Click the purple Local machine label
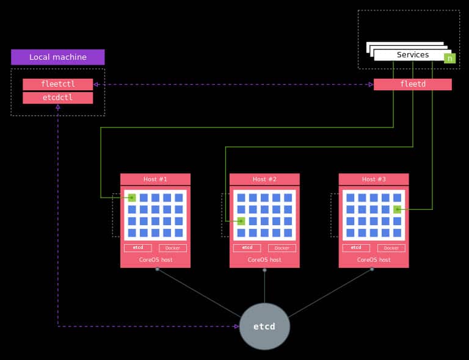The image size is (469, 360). pos(57,57)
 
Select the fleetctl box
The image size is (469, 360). pos(57,84)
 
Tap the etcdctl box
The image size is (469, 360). pos(57,98)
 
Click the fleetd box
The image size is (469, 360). pos(412,84)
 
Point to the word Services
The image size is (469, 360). pos(412,55)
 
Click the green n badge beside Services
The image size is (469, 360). pos(449,59)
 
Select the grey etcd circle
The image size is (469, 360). pos(264,326)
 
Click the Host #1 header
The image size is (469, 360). pos(155,179)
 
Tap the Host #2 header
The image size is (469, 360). pos(264,179)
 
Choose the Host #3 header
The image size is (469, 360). pos(374,179)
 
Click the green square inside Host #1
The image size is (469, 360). pos(132,198)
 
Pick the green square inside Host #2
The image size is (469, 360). pos(241,221)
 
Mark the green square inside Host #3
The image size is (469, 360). pos(397,209)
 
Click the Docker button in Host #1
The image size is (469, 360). pos(173,248)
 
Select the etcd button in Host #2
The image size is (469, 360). pos(247,248)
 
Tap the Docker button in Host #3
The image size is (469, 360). pos(391,248)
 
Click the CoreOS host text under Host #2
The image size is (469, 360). pos(264,260)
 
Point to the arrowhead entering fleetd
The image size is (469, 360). pos(371,84)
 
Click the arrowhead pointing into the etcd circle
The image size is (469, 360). pos(236,326)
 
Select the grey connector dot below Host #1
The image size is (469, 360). pos(157,269)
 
